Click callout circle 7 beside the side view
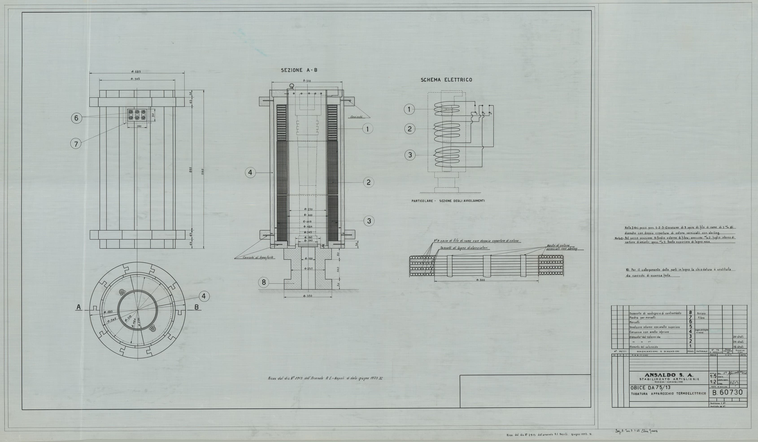coord(76,144)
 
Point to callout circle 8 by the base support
coord(264,282)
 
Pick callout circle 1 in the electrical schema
coord(409,109)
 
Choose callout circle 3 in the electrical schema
coord(410,155)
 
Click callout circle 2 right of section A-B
coord(368,182)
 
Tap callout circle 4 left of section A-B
coord(250,173)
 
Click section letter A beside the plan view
coord(79,307)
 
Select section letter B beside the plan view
coord(197,307)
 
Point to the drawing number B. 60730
coord(727,392)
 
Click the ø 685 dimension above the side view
coord(136,72)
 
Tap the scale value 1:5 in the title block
coord(713,376)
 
